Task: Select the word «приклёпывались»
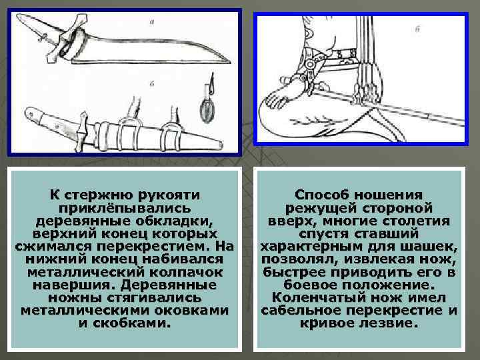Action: coord(125,207)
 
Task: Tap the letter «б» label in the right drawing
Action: coord(416,29)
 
